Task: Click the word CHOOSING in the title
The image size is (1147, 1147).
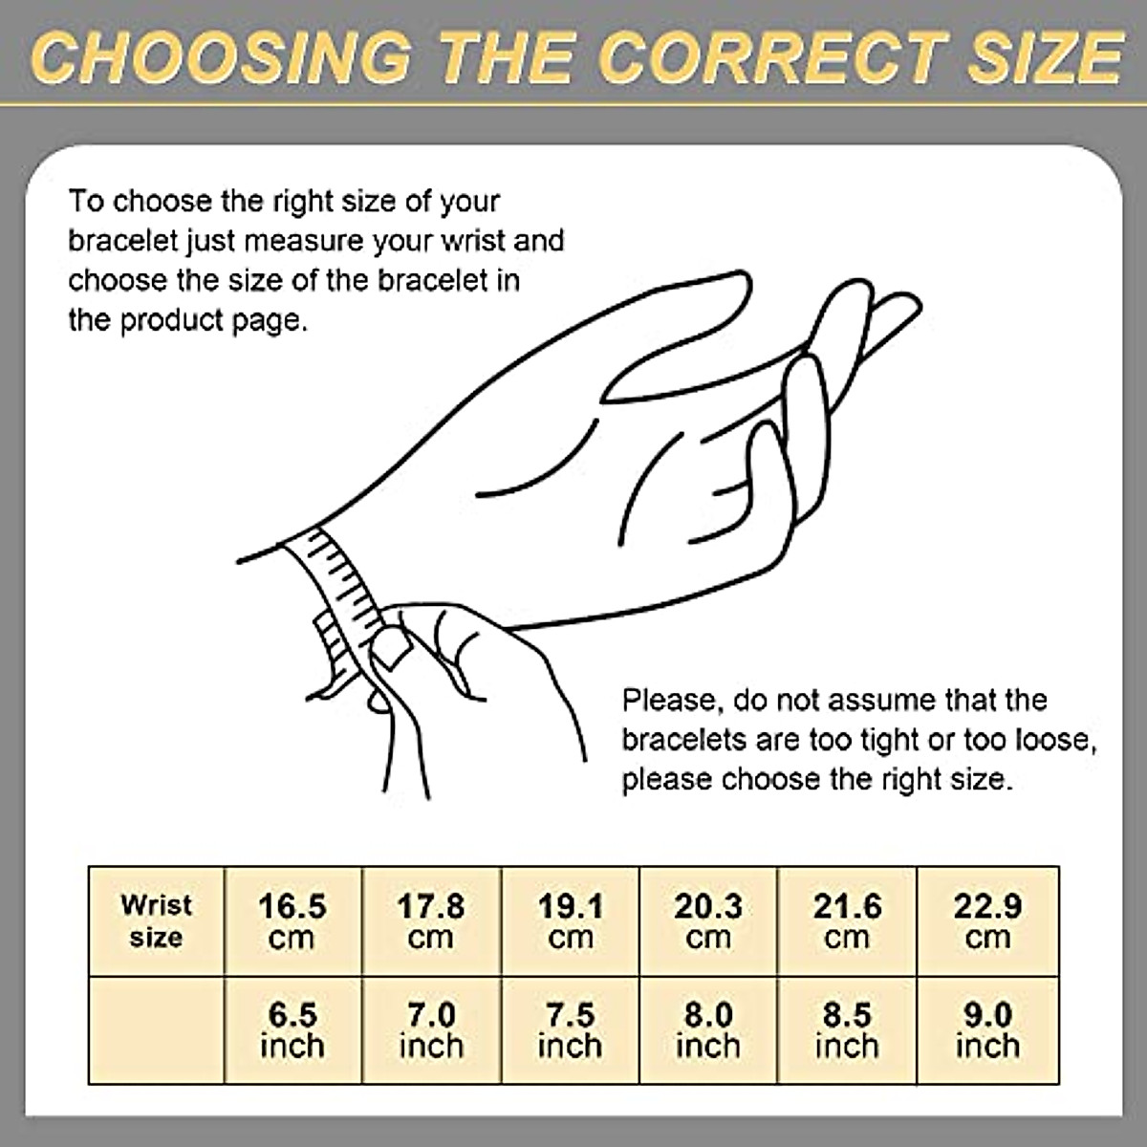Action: point(221,57)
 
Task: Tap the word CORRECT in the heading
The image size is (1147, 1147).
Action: point(774,57)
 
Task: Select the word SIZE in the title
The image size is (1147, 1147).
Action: point(1046,57)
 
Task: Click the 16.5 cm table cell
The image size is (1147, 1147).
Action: point(292,921)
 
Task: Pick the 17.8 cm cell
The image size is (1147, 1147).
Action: point(431,921)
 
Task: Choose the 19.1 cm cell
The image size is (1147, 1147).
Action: point(571,921)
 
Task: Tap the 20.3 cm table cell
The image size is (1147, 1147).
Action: point(708,921)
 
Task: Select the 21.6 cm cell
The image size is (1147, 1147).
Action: point(847,921)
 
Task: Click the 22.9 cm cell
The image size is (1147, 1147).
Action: point(988,921)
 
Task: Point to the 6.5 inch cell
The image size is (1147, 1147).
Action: point(292,1030)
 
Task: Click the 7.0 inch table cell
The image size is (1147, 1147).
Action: point(431,1030)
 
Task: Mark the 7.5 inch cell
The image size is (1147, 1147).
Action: point(571,1030)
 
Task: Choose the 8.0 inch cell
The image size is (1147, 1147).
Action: point(708,1030)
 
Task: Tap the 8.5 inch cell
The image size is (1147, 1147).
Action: point(847,1030)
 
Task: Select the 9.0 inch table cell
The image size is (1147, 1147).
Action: point(988,1030)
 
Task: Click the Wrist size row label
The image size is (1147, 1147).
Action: point(156,921)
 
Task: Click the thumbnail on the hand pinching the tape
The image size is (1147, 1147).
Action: point(390,647)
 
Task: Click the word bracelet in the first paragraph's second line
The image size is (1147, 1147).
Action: point(123,241)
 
